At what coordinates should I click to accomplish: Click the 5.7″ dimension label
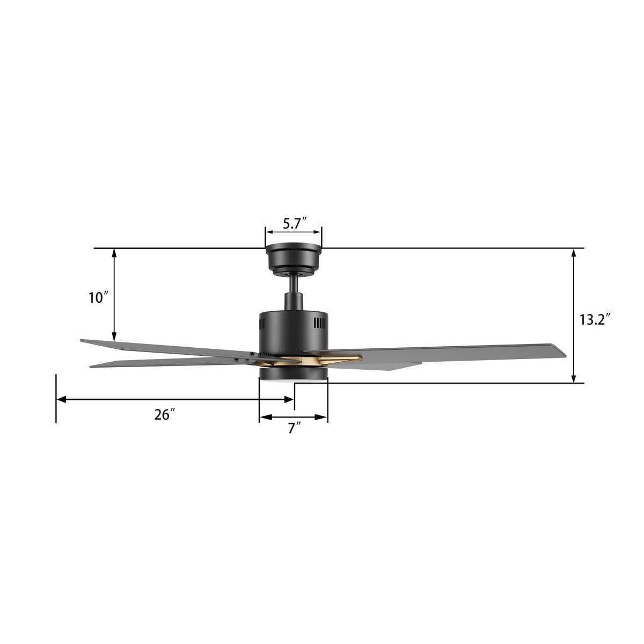[x=294, y=223]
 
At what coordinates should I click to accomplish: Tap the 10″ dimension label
[x=99, y=297]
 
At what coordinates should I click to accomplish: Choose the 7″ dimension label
[x=294, y=428]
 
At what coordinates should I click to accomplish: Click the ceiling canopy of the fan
[x=294, y=259]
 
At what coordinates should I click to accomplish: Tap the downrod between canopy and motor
[x=294, y=287]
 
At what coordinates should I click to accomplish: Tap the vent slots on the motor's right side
[x=320, y=323]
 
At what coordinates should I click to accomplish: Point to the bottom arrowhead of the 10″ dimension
[x=114, y=337]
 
